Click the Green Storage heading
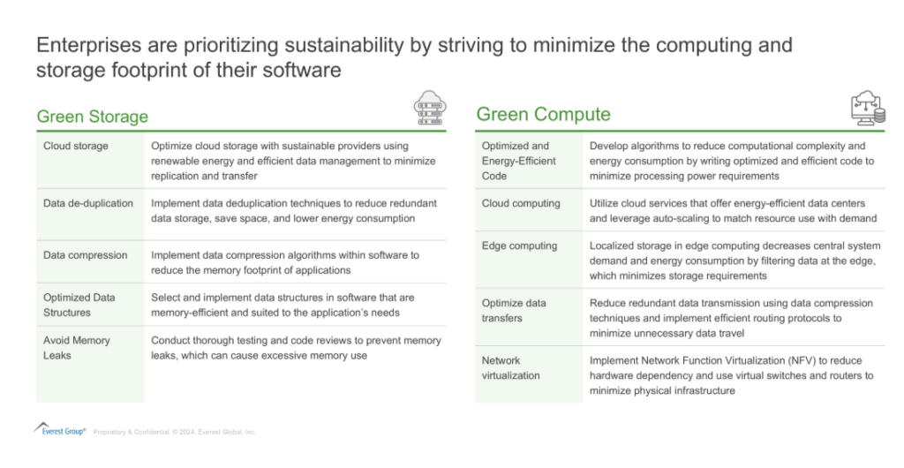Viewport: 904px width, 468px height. tap(92, 117)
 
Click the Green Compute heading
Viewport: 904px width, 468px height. tap(543, 114)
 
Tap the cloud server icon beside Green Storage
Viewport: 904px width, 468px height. tap(430, 108)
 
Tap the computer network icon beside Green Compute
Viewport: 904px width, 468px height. tap(869, 108)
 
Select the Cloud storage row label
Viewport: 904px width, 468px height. tap(76, 146)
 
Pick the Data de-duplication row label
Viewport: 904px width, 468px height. tap(88, 203)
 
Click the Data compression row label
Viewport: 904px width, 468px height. tap(86, 255)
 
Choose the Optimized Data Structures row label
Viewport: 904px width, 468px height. tap(79, 305)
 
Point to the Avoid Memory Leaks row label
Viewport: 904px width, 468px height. tap(76, 348)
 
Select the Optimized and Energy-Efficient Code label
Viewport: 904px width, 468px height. tap(519, 161)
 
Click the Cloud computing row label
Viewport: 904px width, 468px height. tap(521, 203)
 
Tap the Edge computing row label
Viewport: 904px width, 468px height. tap(519, 246)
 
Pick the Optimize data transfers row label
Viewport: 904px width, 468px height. tap(514, 311)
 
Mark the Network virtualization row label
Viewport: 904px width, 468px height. tap(511, 367)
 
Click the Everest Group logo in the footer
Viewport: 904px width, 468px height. tap(60, 429)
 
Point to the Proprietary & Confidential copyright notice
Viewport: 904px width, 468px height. tap(174, 432)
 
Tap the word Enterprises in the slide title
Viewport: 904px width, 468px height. tap(80, 45)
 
